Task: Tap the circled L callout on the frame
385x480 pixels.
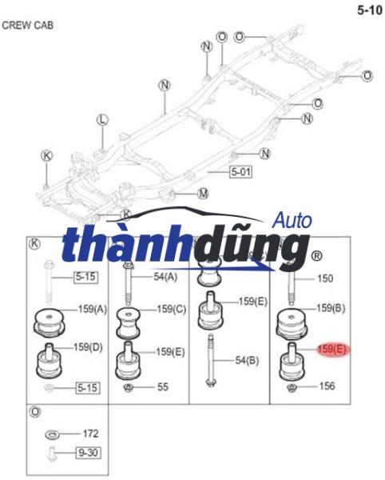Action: [x=101, y=120]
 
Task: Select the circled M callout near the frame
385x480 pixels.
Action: [x=203, y=193]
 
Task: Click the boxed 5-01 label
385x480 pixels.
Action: [x=240, y=171]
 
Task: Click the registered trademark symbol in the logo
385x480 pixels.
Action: [x=316, y=256]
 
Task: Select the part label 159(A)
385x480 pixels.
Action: [x=91, y=309]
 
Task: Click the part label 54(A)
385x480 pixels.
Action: [x=166, y=277]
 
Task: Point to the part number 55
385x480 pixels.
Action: [x=163, y=387]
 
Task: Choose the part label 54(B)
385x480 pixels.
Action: [x=248, y=361]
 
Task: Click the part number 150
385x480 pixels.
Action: [x=326, y=278]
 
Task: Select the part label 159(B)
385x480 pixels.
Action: [x=331, y=308]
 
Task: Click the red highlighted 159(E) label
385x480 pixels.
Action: [x=331, y=350]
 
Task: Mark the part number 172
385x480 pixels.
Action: [x=90, y=434]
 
